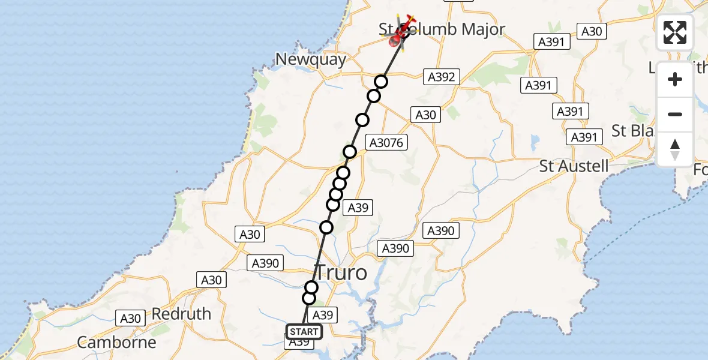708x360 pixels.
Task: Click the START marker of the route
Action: pyautogui.click(x=304, y=332)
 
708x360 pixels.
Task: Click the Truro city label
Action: pyautogui.click(x=340, y=272)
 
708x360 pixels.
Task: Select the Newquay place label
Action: pyautogui.click(x=311, y=59)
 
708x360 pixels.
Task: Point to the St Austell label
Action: pyautogui.click(x=574, y=166)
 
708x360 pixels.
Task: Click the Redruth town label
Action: pyautogui.click(x=181, y=314)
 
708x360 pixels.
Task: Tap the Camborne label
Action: pyautogui.click(x=116, y=343)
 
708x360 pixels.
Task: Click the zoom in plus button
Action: pyautogui.click(x=675, y=79)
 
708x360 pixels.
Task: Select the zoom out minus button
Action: pyautogui.click(x=675, y=114)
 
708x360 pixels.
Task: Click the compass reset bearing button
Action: pyautogui.click(x=675, y=149)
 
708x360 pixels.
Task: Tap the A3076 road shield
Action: pyautogui.click(x=388, y=143)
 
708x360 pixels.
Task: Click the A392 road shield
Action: pyautogui.click(x=442, y=77)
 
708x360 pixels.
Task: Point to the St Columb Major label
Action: pyautogui.click(x=442, y=29)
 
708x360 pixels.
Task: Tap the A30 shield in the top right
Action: pyautogui.click(x=592, y=32)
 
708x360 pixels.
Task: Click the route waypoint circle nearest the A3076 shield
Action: pyautogui.click(x=350, y=152)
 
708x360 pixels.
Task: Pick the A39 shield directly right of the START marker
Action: pyautogui.click(x=323, y=315)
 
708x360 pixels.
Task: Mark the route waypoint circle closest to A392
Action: pyautogui.click(x=381, y=82)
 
